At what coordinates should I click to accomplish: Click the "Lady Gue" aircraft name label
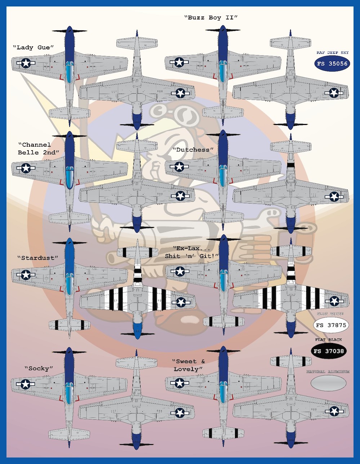coord(33,48)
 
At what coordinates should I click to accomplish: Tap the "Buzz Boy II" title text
coord(211,17)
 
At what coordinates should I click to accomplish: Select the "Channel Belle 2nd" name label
coord(37,148)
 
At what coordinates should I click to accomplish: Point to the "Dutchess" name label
coord(193,150)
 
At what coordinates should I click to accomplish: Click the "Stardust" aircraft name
coord(37,258)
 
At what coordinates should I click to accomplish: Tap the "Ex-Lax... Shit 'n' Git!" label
coord(192,252)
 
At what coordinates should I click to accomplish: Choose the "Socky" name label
coord(39,369)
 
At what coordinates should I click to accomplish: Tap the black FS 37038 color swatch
coord(328,351)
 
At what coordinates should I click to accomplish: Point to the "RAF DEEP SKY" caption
coord(332,53)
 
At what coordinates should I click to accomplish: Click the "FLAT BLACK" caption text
coord(328,340)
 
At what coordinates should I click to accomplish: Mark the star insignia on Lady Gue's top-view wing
coord(26,63)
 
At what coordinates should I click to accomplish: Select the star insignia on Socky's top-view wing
coord(25,384)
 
